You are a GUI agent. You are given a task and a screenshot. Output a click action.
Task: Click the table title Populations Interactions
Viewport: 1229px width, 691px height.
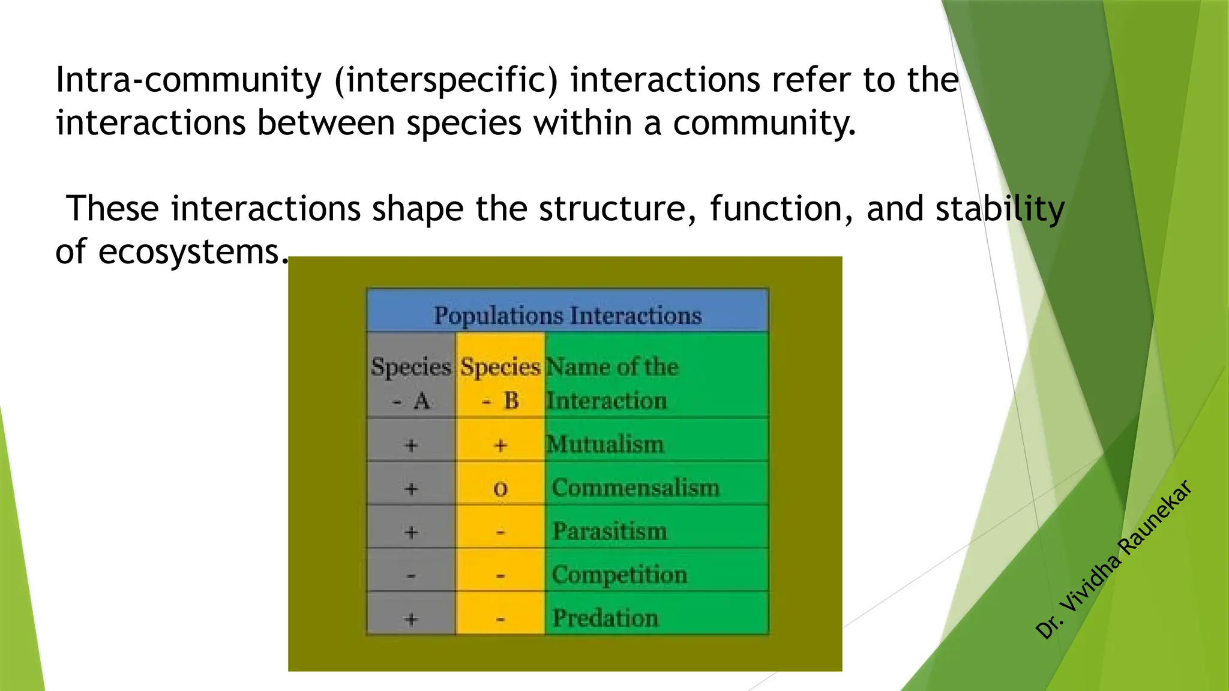[567, 315]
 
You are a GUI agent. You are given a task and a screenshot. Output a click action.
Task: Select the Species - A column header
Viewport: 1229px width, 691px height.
[411, 383]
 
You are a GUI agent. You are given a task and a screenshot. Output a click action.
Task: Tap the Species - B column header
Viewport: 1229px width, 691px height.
[500, 383]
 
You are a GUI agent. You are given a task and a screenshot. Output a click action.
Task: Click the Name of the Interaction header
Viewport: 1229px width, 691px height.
[611, 383]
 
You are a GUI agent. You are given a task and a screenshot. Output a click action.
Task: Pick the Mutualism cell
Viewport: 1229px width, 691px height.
[605, 444]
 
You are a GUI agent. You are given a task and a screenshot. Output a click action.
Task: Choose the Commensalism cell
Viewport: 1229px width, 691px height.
[635, 488]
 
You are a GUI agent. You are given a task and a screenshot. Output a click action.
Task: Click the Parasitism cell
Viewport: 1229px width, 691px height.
[609, 531]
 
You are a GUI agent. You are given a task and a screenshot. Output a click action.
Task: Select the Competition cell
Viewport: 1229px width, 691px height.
[619, 575]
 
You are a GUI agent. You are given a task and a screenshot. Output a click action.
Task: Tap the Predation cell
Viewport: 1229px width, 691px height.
[605, 618]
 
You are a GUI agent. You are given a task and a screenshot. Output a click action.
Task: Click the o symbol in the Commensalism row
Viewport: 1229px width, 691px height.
[500, 489]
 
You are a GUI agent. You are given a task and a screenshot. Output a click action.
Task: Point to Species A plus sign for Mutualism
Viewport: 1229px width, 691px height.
[411, 445]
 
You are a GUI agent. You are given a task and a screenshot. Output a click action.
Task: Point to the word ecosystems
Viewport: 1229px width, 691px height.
[190, 252]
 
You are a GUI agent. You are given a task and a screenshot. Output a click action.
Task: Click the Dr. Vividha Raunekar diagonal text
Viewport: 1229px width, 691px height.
[1114, 559]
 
